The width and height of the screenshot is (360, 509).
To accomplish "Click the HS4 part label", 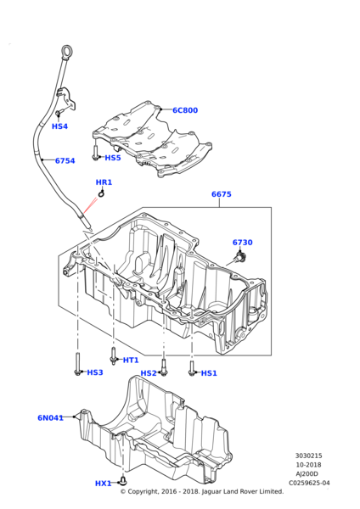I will click(x=59, y=126).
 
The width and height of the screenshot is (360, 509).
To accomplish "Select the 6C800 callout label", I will click(x=184, y=110).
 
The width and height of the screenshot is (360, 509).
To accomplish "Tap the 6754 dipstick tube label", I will click(x=65, y=160).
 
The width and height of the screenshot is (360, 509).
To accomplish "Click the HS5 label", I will click(x=112, y=158).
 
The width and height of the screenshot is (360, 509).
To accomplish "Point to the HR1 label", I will click(x=104, y=182).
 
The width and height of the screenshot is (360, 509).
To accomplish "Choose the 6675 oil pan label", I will click(x=221, y=194).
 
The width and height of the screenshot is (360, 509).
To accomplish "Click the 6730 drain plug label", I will click(x=243, y=243).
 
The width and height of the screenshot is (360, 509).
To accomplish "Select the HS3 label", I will click(x=94, y=372).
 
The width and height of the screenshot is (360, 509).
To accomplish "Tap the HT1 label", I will click(x=131, y=360).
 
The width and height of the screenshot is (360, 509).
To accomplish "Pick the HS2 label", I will click(x=149, y=373).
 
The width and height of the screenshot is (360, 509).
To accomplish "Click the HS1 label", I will click(x=209, y=373).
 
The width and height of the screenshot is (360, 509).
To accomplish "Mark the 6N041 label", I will click(x=50, y=417).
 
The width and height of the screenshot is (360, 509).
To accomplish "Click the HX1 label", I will click(x=103, y=483).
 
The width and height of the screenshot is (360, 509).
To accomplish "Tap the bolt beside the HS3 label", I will click(x=78, y=366).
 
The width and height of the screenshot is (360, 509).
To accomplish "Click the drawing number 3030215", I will click(x=308, y=455).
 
